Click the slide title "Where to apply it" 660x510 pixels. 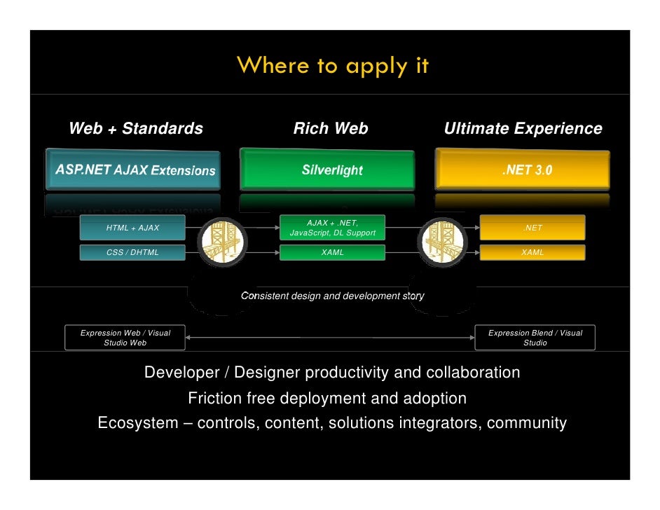click(x=332, y=66)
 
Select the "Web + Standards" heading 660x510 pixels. click(x=135, y=129)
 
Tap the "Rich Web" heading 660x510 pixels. click(x=330, y=129)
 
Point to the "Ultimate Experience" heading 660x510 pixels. click(x=523, y=129)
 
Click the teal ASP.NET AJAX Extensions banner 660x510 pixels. click(x=133, y=170)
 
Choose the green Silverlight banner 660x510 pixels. click(x=332, y=170)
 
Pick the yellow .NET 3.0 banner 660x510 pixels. click(x=523, y=170)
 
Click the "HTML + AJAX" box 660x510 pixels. click(x=132, y=228)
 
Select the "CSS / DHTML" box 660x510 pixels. click(x=132, y=252)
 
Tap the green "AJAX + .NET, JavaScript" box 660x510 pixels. click(x=332, y=228)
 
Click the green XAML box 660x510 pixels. click(x=332, y=252)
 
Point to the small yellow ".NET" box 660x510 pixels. click(x=532, y=228)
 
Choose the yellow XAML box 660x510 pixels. click(x=532, y=252)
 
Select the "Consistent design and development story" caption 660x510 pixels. click(x=332, y=296)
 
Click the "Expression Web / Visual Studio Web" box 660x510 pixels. click(x=125, y=338)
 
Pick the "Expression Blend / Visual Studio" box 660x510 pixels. click(x=535, y=338)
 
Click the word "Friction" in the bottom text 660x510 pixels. click(x=214, y=399)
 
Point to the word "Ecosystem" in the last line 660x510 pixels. click(x=137, y=423)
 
